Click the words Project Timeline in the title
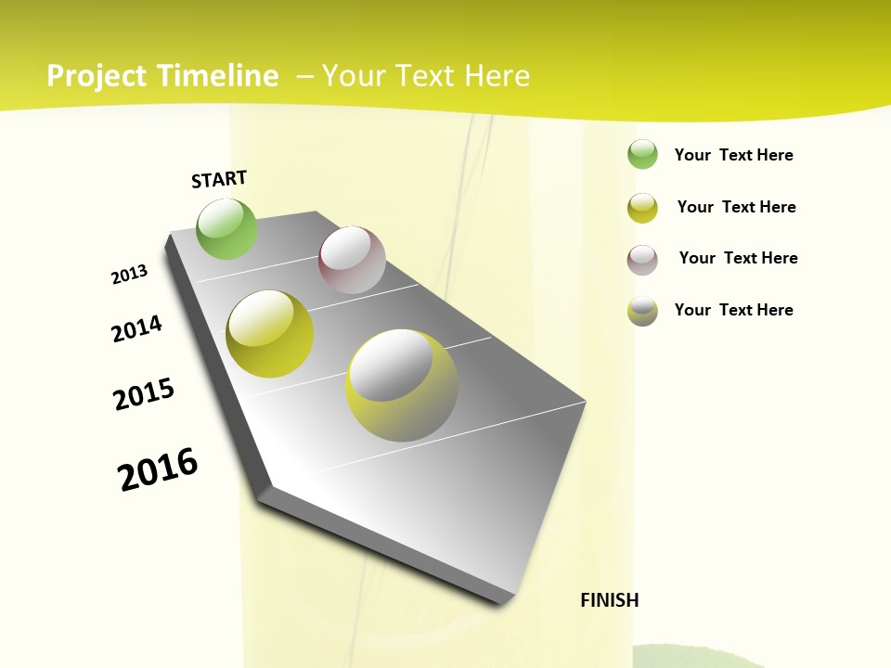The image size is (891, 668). [162, 76]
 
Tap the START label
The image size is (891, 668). [219, 179]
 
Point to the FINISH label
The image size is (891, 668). [610, 600]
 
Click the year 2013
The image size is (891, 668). [130, 275]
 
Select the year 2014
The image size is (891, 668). [137, 328]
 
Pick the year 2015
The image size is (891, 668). [144, 394]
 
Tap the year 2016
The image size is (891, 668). [159, 469]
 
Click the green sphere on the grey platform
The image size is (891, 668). [226, 228]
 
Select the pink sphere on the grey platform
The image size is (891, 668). [352, 260]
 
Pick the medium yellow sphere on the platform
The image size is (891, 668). [270, 334]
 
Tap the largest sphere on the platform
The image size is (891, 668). [402, 385]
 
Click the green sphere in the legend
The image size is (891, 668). [642, 155]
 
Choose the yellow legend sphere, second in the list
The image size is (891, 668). [642, 208]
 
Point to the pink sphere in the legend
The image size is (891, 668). [642, 260]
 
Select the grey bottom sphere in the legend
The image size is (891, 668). [642, 311]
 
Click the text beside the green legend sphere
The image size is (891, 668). [734, 155]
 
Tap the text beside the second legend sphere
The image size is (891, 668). [737, 207]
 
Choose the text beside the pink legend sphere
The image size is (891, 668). [739, 258]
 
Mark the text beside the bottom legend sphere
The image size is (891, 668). [734, 310]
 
